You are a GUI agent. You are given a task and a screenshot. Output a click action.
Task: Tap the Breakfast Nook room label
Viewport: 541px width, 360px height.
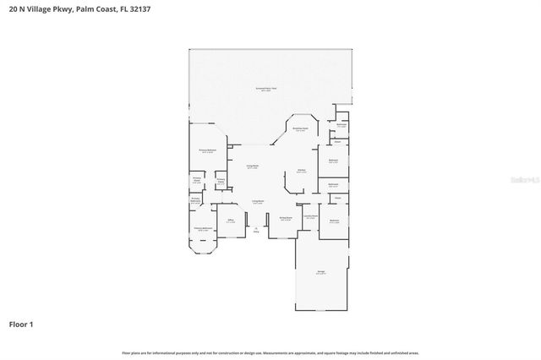point(300,129)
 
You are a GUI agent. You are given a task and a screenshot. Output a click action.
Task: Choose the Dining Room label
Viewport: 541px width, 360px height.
point(286,218)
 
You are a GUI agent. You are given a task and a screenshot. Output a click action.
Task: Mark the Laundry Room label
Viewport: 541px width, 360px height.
point(310,216)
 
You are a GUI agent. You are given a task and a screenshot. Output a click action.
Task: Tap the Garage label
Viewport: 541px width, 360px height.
point(321,272)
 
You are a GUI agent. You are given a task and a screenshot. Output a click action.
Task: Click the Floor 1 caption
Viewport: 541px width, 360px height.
point(22,324)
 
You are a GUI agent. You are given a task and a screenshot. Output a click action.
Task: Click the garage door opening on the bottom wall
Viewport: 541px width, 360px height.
point(321,314)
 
